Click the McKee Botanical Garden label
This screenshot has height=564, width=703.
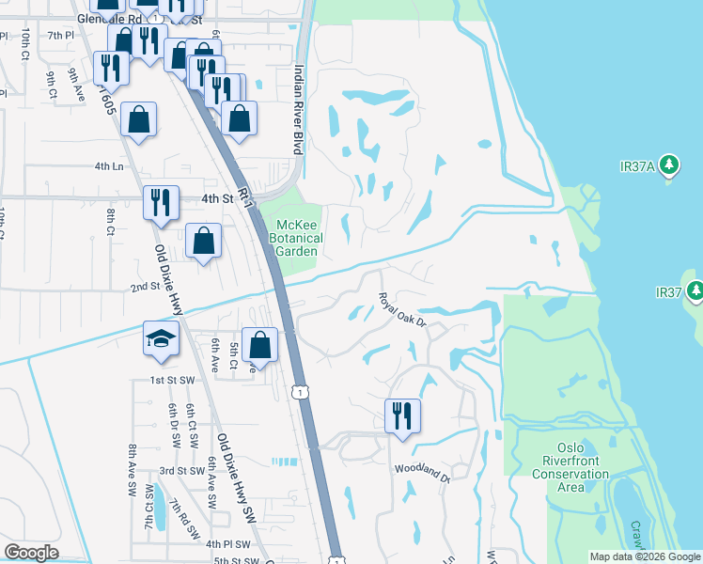(x=297, y=238)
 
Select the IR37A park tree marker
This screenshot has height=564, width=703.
(x=669, y=166)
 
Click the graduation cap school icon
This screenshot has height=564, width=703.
(x=161, y=339)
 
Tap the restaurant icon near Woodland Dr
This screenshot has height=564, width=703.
(x=402, y=415)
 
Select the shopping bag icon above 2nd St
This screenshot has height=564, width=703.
(x=203, y=241)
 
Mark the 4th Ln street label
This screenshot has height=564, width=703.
(x=108, y=166)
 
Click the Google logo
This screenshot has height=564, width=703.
(x=32, y=552)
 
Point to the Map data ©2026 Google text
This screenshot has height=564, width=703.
(x=644, y=556)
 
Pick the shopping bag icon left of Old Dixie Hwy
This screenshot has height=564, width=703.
(x=138, y=119)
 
